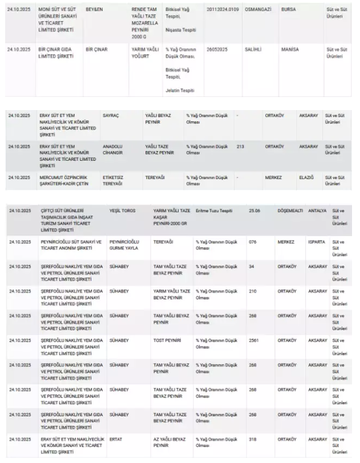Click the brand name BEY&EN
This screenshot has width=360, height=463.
click(94, 10)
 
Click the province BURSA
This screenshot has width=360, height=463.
click(289, 10)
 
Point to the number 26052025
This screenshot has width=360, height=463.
click(218, 50)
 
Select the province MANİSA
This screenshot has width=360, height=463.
click(290, 50)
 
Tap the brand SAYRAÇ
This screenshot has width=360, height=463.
click(111, 115)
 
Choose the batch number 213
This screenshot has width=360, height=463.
click(240, 147)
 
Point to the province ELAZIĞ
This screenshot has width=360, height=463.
click(307, 177)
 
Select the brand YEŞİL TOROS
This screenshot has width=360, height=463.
click(122, 211)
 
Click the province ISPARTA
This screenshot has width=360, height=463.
click(317, 242)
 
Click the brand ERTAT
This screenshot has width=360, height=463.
click(116, 439)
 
